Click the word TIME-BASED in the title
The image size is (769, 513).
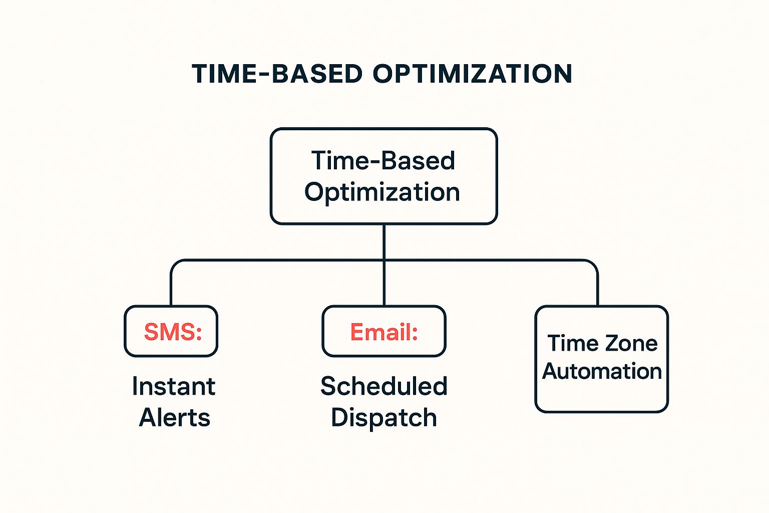[277, 74]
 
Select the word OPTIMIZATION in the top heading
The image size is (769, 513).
[472, 74]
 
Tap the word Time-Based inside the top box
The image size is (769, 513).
[383, 161]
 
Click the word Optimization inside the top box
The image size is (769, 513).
[382, 192]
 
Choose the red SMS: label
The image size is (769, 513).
[173, 332]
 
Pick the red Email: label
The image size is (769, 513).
[384, 332]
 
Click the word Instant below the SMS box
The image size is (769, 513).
[174, 386]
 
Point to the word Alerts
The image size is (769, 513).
[175, 417]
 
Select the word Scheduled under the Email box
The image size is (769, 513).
[384, 386]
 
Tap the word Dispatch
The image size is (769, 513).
[384, 417]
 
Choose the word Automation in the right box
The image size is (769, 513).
[602, 371]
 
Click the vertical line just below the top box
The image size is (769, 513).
[384, 241]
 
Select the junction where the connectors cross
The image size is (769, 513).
[384, 261]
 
